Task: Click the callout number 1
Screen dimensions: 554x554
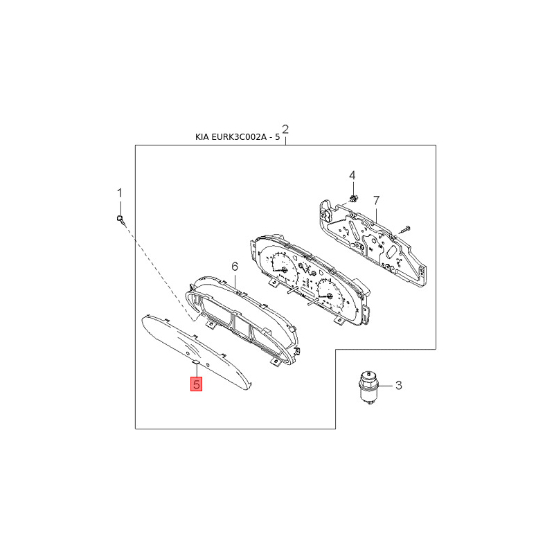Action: (120, 193)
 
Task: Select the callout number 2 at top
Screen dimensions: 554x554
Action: (285, 129)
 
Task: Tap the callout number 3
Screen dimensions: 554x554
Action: (399, 385)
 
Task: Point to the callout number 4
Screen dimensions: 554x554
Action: (352, 175)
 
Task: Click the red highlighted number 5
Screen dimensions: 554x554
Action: (197, 384)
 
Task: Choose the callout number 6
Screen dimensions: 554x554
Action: (235, 267)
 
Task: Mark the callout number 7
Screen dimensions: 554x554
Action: (376, 201)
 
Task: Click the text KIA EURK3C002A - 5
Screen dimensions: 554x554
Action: (238, 137)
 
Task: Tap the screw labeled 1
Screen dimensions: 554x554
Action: (120, 219)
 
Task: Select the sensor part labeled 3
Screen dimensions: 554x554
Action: (368, 387)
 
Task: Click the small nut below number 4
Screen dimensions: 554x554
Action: (352, 199)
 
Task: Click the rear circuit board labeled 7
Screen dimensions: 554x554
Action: (373, 243)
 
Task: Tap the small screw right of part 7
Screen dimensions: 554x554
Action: (404, 229)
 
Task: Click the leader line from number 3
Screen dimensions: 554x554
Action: (385, 386)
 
